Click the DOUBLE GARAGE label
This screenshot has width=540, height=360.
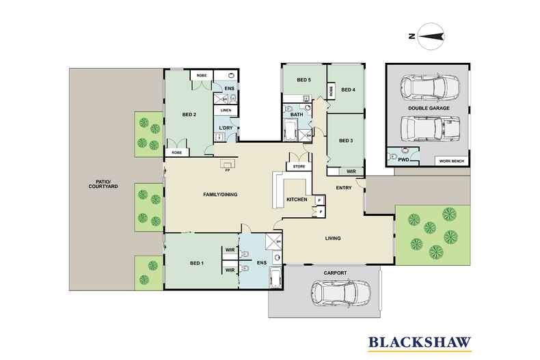coord(428,108)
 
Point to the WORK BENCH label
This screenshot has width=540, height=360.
coord(452,162)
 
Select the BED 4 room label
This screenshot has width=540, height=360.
coord(347,89)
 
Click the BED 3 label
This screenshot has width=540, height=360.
coord(347,141)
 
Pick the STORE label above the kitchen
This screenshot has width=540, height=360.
coord(299,165)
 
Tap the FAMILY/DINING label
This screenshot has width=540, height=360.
coord(220,195)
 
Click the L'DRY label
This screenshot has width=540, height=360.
coord(225,128)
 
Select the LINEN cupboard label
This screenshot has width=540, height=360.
coord(225,110)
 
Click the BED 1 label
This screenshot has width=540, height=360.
coord(197,263)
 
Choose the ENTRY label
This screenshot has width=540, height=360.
coord(344,188)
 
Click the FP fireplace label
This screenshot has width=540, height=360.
coord(226,171)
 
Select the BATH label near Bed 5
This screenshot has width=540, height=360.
coord(296,115)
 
